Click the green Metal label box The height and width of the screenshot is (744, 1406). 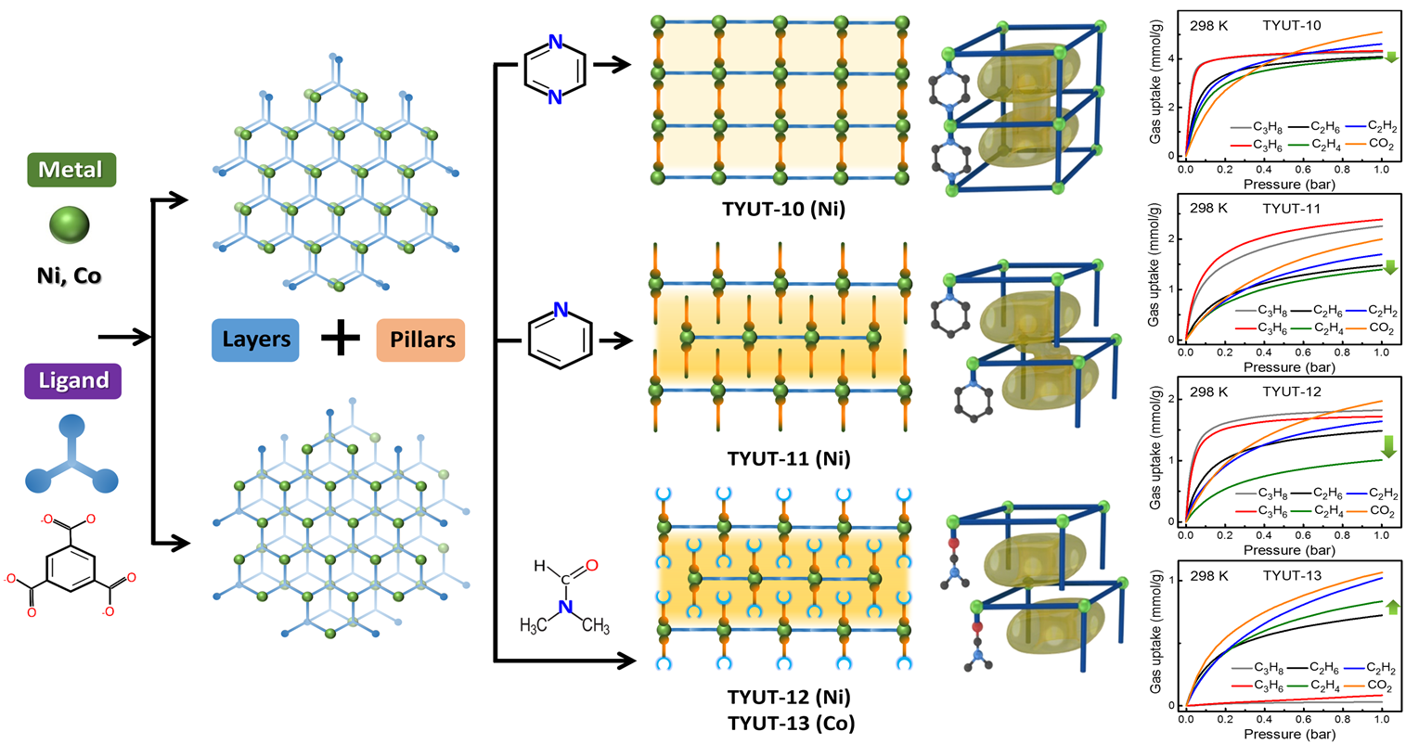click(x=71, y=170)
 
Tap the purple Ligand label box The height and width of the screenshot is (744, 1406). click(x=72, y=380)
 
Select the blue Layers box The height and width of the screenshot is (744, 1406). click(x=255, y=340)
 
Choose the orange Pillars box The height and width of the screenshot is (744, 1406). click(x=420, y=340)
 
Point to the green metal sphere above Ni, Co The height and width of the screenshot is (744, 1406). click(x=69, y=224)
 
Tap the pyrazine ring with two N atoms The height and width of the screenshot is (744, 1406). click(x=555, y=69)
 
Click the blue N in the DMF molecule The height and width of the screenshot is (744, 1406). click(x=565, y=607)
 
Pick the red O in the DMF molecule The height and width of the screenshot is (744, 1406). click(x=592, y=565)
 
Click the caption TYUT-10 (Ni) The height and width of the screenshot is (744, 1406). click(x=783, y=209)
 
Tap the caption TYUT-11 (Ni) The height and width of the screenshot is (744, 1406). click(x=789, y=458)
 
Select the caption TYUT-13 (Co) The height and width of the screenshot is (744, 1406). click(x=792, y=724)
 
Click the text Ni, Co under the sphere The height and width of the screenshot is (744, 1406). click(x=69, y=276)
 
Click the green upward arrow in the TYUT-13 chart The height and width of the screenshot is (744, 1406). click(x=1392, y=607)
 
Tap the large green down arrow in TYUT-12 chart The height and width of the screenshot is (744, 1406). click(x=1388, y=446)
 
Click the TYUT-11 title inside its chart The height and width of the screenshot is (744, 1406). click(x=1292, y=209)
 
